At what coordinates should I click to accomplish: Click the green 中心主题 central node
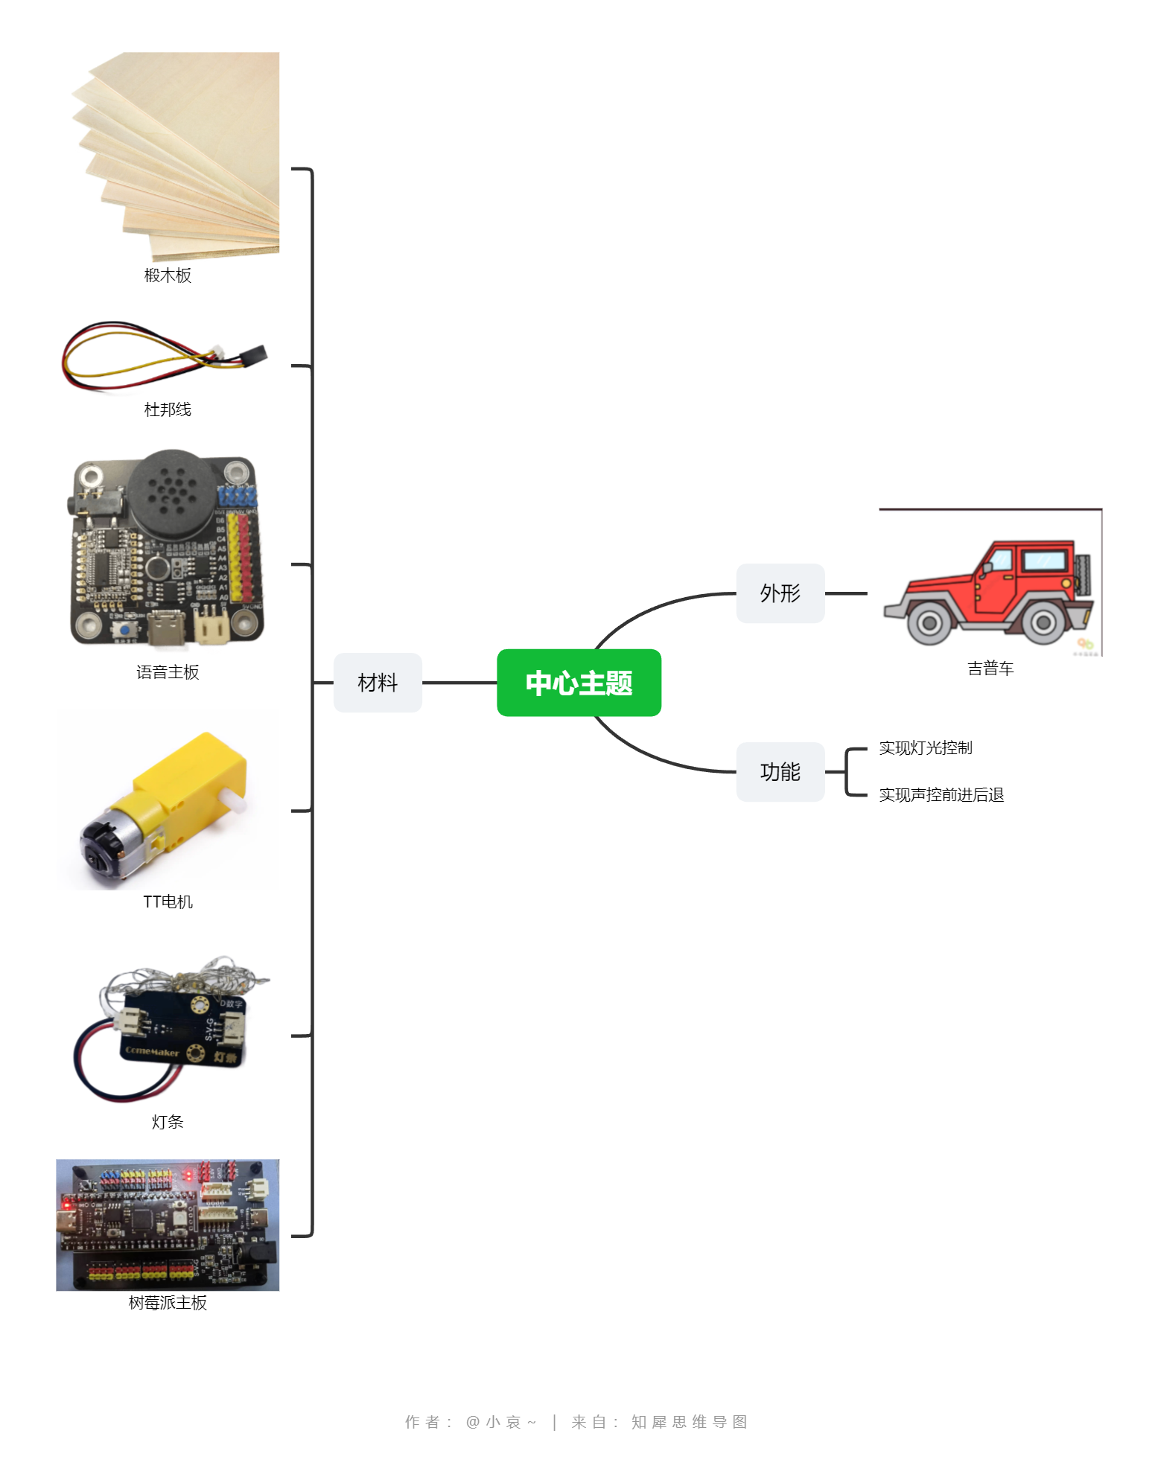(579, 683)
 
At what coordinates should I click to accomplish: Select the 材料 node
(378, 683)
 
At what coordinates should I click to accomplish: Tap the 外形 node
(780, 593)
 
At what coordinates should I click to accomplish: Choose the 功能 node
(780, 772)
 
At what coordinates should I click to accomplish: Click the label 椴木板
(168, 275)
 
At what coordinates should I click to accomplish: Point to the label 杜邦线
(168, 409)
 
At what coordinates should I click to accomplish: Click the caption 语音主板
(168, 672)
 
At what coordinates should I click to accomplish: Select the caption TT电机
(168, 902)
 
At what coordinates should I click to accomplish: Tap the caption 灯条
(168, 1122)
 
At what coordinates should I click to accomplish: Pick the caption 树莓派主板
(168, 1303)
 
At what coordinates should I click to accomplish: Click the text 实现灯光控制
(926, 748)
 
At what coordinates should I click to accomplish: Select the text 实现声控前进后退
(941, 795)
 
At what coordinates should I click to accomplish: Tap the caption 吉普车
(990, 669)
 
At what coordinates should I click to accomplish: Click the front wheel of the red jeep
(929, 622)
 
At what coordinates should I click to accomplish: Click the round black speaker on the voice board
(173, 492)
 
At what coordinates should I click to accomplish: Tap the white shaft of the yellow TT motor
(235, 804)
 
